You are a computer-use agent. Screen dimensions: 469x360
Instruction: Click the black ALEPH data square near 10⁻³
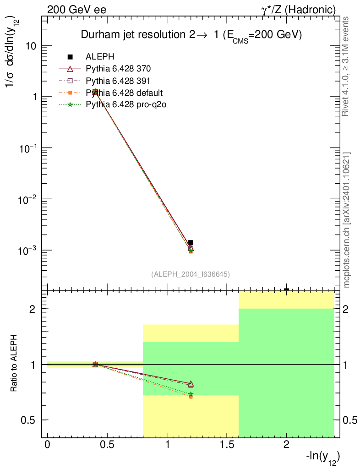tap(191, 243)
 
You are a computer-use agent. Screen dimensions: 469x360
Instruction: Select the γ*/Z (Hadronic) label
tap(298, 9)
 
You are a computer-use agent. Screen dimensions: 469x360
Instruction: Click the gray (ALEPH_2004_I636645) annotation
tap(191, 274)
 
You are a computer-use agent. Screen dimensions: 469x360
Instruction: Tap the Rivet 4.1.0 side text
tap(346, 66)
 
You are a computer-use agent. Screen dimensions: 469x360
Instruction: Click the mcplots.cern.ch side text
tap(346, 220)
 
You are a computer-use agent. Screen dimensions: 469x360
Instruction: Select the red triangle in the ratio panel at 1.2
tap(191, 383)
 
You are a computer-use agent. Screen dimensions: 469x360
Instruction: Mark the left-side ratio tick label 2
tap(33, 309)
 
